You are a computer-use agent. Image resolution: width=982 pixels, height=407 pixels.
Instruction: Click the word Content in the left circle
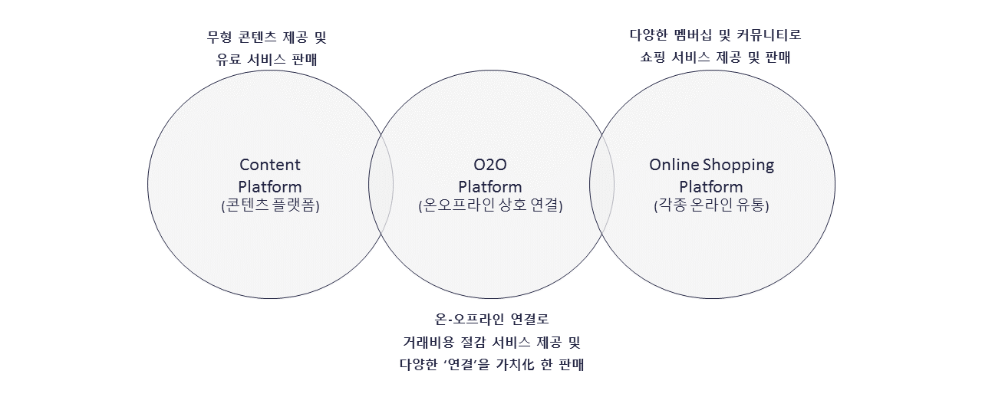point(270,165)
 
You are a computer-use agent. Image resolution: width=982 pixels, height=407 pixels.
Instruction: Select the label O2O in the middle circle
point(490,165)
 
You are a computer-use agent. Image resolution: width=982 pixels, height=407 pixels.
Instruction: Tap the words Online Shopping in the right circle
point(711,165)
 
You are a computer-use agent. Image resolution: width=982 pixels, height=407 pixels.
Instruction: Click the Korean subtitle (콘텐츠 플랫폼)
point(270,205)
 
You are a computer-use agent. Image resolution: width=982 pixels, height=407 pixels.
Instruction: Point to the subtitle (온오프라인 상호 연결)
point(490,205)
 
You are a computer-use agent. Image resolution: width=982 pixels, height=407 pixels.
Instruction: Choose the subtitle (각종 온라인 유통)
point(711,205)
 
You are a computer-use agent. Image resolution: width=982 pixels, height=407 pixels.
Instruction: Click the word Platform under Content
point(270,186)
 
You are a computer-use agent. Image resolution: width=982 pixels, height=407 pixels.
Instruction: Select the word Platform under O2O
point(490,186)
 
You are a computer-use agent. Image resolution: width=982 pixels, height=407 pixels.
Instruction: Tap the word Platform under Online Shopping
point(711,186)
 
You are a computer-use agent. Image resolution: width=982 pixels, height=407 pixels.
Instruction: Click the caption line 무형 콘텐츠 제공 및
point(267,38)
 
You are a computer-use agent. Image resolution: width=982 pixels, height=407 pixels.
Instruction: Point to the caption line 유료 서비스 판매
point(267,60)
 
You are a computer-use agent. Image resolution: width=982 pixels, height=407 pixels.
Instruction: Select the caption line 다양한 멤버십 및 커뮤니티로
point(715,34)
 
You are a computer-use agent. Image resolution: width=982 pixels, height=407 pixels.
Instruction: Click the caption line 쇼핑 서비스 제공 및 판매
point(715,57)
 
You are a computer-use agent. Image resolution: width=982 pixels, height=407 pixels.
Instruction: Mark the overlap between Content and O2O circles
point(381,184)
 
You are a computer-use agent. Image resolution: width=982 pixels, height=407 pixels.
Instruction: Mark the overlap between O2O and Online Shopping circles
point(602,184)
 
